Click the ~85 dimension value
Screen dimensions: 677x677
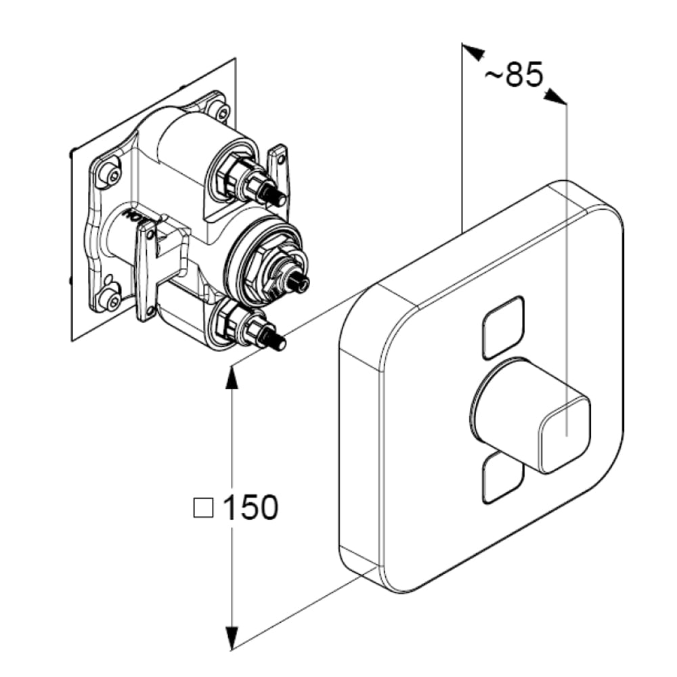(x=515, y=75)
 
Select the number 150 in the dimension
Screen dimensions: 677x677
(x=250, y=508)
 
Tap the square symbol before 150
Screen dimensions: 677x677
(x=203, y=507)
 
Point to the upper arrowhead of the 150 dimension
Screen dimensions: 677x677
(x=232, y=379)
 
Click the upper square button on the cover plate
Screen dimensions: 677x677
(x=503, y=327)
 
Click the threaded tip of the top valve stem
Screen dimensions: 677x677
(x=277, y=197)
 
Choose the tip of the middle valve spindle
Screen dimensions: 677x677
(x=301, y=282)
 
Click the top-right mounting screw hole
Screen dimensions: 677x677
(x=217, y=110)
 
